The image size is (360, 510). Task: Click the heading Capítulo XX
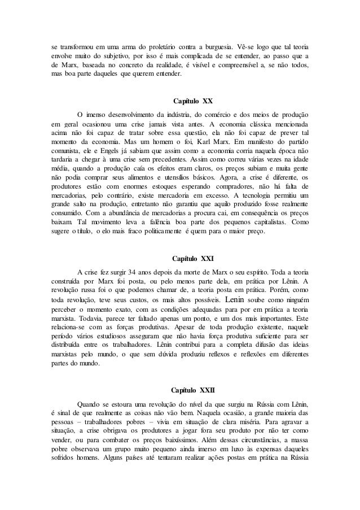192,101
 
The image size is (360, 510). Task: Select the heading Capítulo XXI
192,259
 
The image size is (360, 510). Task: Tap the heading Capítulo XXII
192,390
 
